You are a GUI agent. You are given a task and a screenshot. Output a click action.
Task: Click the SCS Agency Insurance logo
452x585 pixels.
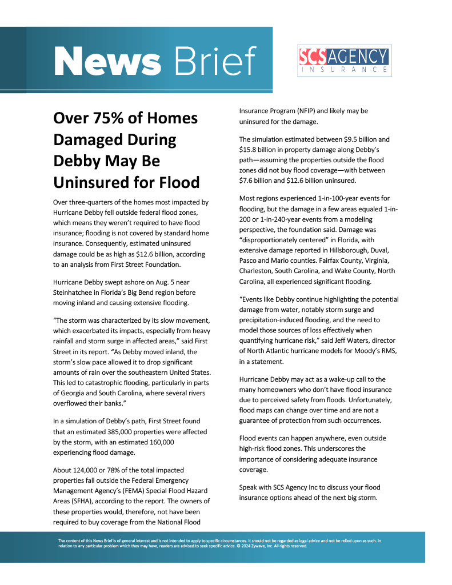pyautogui.click(x=345, y=61)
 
